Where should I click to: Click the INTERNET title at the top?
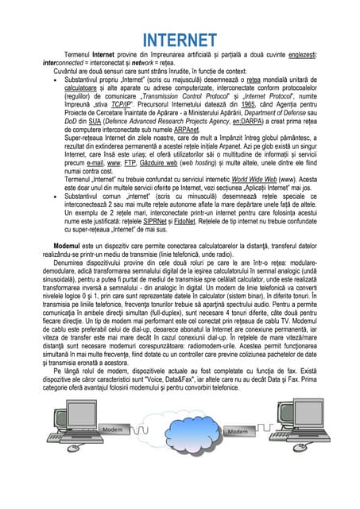coord(180,40)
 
